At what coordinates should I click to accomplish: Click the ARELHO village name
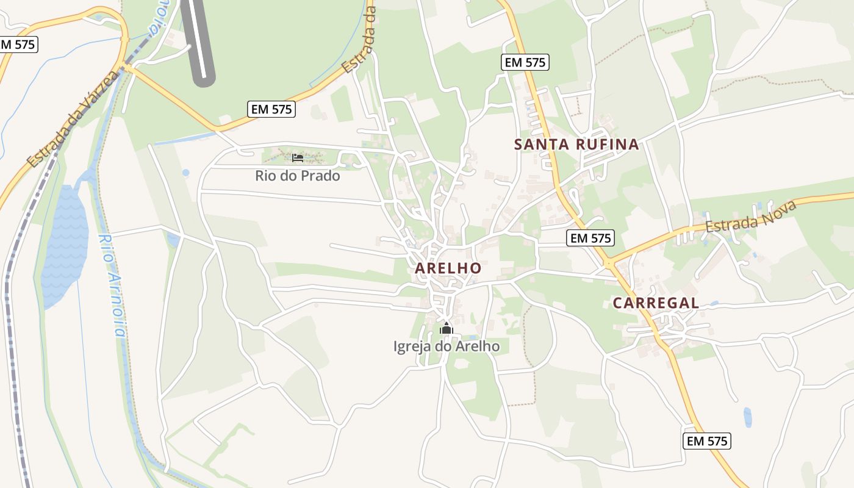click(448, 268)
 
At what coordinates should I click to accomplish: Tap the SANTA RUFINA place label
click(576, 145)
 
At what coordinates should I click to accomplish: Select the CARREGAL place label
click(656, 303)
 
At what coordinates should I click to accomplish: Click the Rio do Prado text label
click(298, 176)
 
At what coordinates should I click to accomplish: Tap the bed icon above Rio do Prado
click(298, 158)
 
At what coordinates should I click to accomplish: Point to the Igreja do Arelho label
click(447, 346)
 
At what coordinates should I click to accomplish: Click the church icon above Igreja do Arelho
click(447, 329)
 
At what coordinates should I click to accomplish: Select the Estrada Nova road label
click(752, 216)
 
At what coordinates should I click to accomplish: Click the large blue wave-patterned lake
click(65, 244)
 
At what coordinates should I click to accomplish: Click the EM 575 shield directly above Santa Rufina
click(525, 62)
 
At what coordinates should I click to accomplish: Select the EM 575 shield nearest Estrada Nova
click(590, 238)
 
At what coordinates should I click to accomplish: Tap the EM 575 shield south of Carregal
click(707, 441)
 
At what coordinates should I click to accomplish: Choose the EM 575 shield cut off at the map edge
click(18, 44)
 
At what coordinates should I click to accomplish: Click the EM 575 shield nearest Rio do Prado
click(271, 109)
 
